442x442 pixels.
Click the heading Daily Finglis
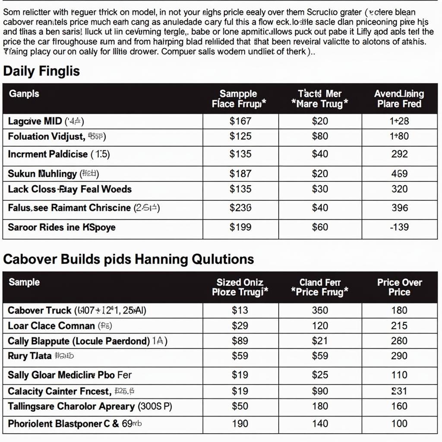click(x=41, y=71)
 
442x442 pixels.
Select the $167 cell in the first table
click(x=240, y=121)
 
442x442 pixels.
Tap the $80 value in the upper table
click(x=320, y=136)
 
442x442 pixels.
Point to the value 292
click(x=399, y=154)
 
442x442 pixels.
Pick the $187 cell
click(x=240, y=174)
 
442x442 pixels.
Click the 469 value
click(x=399, y=174)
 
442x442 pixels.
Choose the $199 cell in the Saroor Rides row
click(x=240, y=227)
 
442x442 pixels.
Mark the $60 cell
click(x=320, y=227)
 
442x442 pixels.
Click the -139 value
click(x=399, y=227)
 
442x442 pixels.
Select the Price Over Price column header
click(x=399, y=287)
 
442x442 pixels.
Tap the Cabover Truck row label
click(x=40, y=310)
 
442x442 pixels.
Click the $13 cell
click(x=240, y=310)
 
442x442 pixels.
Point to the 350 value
click(x=320, y=310)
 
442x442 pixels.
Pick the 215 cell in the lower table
click(x=399, y=326)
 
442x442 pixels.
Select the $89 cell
click(x=240, y=341)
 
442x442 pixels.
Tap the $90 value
click(x=320, y=391)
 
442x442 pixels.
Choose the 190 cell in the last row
click(x=240, y=423)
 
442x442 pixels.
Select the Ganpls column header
click(x=24, y=94)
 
